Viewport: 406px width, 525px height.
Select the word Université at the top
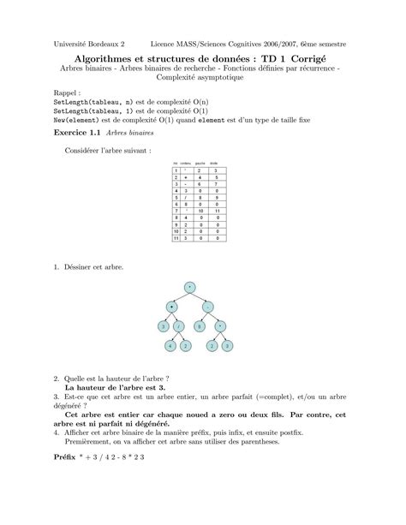[x=75, y=42]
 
